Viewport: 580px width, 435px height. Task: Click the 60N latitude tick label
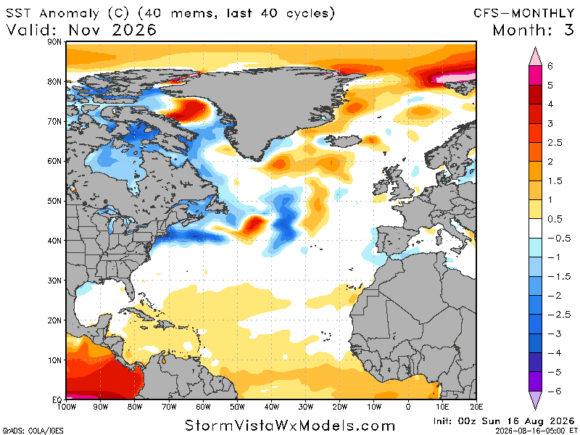coord(54,161)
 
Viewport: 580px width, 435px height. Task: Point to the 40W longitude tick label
coord(271,407)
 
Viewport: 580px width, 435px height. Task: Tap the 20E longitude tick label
coord(476,407)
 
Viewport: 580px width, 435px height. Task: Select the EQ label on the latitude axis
coord(57,400)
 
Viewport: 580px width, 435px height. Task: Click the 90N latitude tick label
coord(54,42)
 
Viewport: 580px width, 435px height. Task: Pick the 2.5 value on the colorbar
coord(555,143)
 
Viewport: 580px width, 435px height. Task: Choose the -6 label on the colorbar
coord(554,391)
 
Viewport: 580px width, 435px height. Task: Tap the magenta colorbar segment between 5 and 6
coord(535,75)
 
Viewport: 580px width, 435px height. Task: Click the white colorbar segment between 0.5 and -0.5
coord(535,228)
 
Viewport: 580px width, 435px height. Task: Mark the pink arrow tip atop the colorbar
coord(535,47)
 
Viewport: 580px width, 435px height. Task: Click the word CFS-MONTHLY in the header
coord(524,13)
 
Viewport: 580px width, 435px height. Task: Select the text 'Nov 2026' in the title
coord(112,30)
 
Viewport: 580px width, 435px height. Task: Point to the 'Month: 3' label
coord(534,30)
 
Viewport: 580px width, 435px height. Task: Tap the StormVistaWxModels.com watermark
coord(290,426)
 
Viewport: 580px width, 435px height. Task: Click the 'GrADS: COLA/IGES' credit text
coord(33,431)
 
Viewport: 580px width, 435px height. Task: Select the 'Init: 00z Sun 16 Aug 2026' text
coord(504,421)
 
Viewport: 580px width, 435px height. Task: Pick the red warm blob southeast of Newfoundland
coord(253,225)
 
